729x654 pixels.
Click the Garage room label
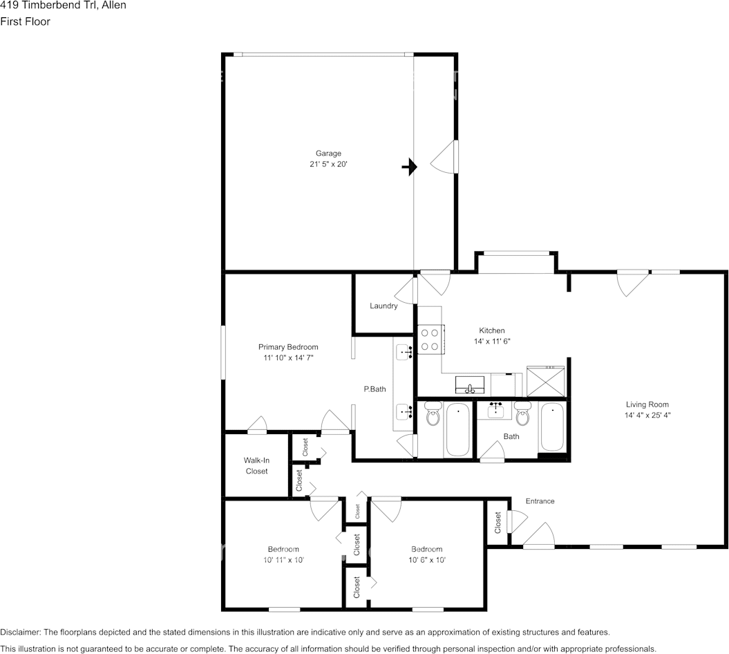[x=328, y=153]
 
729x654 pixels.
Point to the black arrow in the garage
[x=410, y=167]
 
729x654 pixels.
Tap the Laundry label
[x=384, y=306]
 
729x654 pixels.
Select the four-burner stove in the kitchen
[x=430, y=339]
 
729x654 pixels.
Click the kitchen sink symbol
[x=471, y=384]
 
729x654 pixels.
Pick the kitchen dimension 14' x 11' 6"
[x=492, y=342]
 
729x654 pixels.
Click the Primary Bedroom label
[x=288, y=347]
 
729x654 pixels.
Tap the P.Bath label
[x=375, y=389]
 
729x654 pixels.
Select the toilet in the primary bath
[x=433, y=416]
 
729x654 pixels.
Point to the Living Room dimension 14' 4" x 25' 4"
[x=647, y=415]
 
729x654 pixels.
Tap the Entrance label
[x=540, y=501]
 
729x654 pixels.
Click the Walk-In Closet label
[x=256, y=465]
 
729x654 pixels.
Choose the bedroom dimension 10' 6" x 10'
[x=426, y=560]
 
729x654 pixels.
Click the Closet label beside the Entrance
[x=498, y=522]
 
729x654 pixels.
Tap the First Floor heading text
[x=25, y=21]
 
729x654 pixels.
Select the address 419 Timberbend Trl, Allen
[x=63, y=6]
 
